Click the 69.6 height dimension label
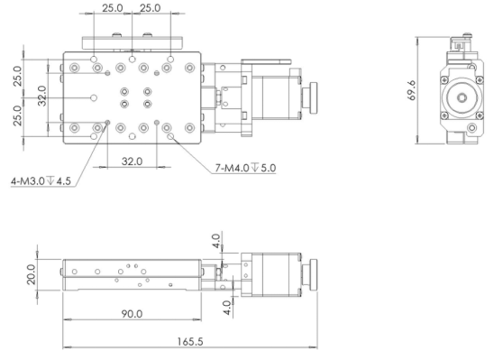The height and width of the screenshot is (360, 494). tap(411, 90)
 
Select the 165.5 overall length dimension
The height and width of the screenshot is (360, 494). tap(190, 342)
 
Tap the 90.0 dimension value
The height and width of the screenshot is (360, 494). tap(132, 314)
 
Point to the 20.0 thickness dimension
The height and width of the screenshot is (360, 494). tap(31, 274)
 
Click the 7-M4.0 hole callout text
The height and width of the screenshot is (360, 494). tap(245, 168)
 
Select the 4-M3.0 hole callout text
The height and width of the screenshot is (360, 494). tap(41, 181)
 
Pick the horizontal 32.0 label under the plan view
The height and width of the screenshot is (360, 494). tap(132, 162)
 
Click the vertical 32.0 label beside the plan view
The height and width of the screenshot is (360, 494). tap(41, 96)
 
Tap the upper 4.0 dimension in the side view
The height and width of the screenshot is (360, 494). tap(215, 241)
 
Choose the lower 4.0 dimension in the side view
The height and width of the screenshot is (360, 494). tap(226, 308)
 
